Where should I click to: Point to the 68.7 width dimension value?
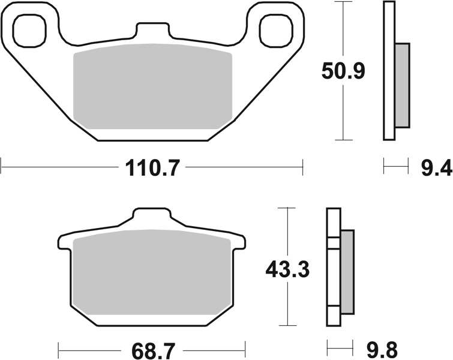pos(152,347)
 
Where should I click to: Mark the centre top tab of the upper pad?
pos(152,31)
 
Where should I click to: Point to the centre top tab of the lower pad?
pos(151,218)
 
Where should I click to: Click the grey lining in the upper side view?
pos(402,85)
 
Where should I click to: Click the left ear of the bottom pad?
pos(63,243)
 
